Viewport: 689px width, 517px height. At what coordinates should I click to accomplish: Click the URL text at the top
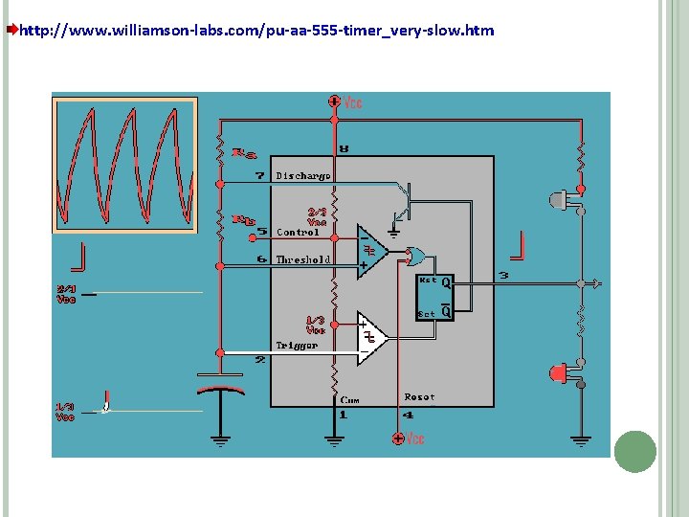pyautogui.click(x=256, y=31)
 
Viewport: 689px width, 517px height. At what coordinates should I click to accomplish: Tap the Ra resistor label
pyautogui.click(x=246, y=152)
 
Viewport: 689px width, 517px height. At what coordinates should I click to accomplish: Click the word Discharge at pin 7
pyautogui.click(x=303, y=176)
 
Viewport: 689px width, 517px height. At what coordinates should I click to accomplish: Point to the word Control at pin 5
pyautogui.click(x=298, y=232)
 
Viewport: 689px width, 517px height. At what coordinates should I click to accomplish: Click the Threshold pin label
pyautogui.click(x=302, y=259)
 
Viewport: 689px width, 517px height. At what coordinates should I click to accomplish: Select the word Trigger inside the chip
pyautogui.click(x=297, y=345)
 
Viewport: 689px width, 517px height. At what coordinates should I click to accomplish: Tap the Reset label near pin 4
pyautogui.click(x=419, y=396)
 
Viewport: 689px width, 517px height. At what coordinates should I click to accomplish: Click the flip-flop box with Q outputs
pyautogui.click(x=434, y=296)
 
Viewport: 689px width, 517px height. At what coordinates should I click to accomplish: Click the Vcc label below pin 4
pyautogui.click(x=413, y=438)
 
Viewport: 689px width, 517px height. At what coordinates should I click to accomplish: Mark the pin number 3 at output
pyautogui.click(x=504, y=277)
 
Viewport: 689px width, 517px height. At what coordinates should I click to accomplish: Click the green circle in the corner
pyautogui.click(x=634, y=451)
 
